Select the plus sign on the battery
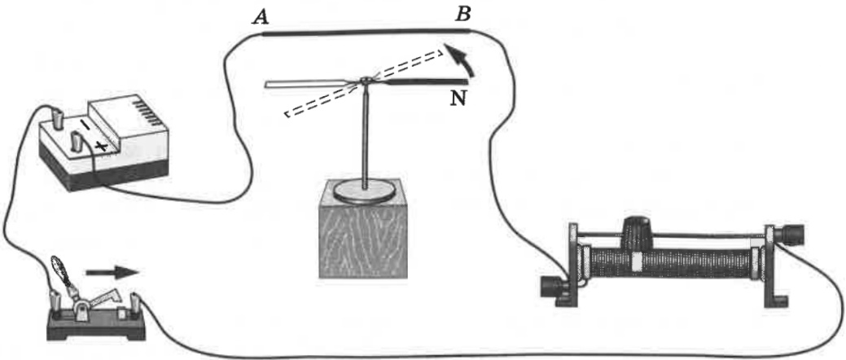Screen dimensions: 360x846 [x=102, y=147]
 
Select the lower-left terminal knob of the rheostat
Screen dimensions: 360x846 [x=555, y=288]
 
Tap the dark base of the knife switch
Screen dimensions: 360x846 [x=98, y=331]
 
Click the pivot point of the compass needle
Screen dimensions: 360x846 [x=366, y=81]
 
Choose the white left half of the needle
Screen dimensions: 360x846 [x=309, y=82]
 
